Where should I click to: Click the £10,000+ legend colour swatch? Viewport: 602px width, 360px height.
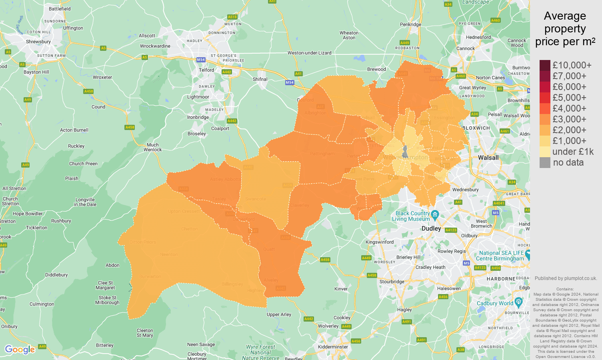click(545, 65)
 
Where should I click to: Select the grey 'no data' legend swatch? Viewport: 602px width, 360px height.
click(545, 162)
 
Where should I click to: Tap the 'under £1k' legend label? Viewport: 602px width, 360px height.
click(573, 152)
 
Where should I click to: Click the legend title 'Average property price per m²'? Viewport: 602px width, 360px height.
click(565, 29)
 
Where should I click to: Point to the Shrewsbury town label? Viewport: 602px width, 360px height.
click(38, 42)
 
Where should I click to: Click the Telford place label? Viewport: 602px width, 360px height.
click(206, 70)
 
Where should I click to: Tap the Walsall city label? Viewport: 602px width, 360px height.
click(488, 158)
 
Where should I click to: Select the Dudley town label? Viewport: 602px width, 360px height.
click(431, 228)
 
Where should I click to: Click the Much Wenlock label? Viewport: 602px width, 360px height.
click(153, 147)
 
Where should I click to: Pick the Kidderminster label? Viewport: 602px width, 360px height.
click(333, 347)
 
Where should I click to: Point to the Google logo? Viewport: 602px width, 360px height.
click(20, 350)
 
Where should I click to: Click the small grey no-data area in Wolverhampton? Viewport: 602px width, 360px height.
click(405, 152)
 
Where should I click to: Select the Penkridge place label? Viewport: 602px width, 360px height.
click(410, 24)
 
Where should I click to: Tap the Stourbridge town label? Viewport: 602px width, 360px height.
click(392, 282)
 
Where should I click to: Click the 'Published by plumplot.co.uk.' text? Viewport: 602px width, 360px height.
click(566, 278)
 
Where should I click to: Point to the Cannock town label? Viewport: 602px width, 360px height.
click(466, 48)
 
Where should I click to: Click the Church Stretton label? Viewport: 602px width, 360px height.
click(10, 201)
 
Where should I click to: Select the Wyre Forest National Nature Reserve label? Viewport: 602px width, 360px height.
click(260, 352)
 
